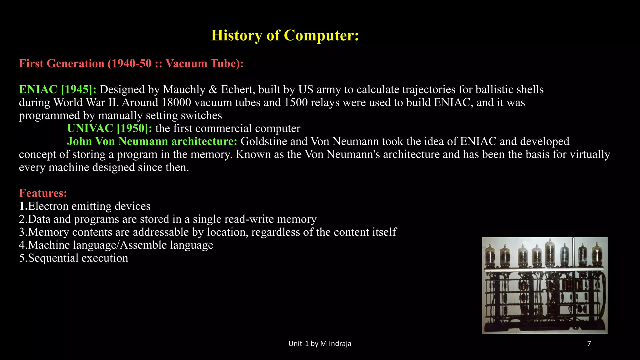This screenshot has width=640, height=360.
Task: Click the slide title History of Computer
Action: coord(285,35)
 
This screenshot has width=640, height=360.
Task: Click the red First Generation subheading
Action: coord(131,63)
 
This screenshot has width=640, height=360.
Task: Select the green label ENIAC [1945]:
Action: coord(58,90)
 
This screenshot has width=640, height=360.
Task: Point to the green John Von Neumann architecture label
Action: coord(152,142)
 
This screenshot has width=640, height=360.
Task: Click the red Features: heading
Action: coord(43,193)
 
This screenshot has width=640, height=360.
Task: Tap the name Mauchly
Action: coord(184,90)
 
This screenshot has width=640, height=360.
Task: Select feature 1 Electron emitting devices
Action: coord(85,206)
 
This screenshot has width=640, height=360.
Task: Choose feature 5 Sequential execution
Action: coord(73,258)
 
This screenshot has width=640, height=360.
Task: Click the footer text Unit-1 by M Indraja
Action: coord(320,344)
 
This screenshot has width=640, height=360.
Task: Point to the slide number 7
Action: coord(589,344)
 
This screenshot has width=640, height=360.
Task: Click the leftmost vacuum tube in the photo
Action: coord(490,256)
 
